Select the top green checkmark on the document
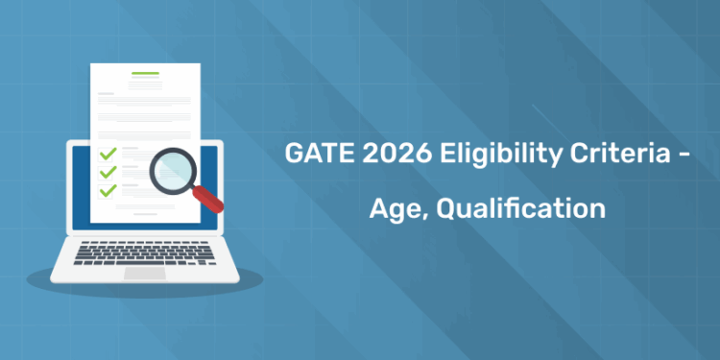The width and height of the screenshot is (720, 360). pyautogui.click(x=108, y=154)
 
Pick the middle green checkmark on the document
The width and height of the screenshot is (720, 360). pyautogui.click(x=108, y=172)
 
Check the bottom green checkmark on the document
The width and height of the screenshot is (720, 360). pyautogui.click(x=108, y=190)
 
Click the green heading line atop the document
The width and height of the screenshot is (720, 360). pyautogui.click(x=145, y=73)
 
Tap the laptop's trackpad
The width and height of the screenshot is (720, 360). pyautogui.click(x=145, y=273)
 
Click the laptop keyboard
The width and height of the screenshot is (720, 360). pyautogui.click(x=145, y=252)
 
